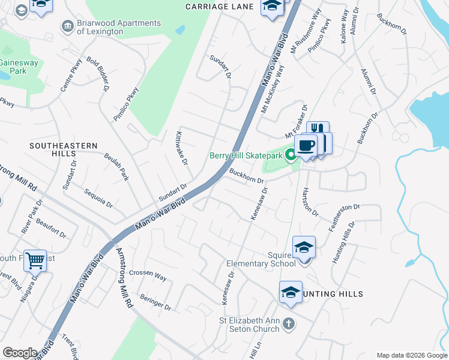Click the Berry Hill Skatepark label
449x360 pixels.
[246, 156]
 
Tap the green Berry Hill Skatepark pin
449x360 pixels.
[291, 155]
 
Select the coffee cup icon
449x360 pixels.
[306, 146]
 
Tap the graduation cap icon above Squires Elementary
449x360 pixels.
[304, 247]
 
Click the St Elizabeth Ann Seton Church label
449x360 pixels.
[249, 325]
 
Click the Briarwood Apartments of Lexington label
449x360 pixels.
[119, 27]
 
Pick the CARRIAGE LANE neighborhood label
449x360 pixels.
[219, 7]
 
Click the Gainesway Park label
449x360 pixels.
[13, 66]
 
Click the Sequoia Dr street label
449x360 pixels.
[98, 199]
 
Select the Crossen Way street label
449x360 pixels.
[147, 275]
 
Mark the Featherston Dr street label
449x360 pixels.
[344, 218]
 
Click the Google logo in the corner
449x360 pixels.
[20, 353]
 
